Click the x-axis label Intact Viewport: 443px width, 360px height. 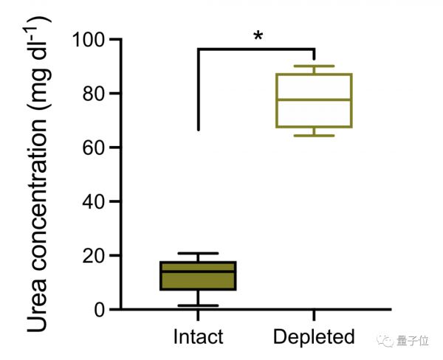pos(198,337)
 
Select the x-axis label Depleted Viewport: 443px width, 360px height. pos(314,337)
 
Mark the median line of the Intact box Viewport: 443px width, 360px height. pos(198,271)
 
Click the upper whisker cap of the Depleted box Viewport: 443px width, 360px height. pos(314,66)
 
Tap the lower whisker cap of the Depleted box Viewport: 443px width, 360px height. pos(314,136)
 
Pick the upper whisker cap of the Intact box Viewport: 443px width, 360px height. pos(198,254)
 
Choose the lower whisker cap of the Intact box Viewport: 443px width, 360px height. pos(198,305)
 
